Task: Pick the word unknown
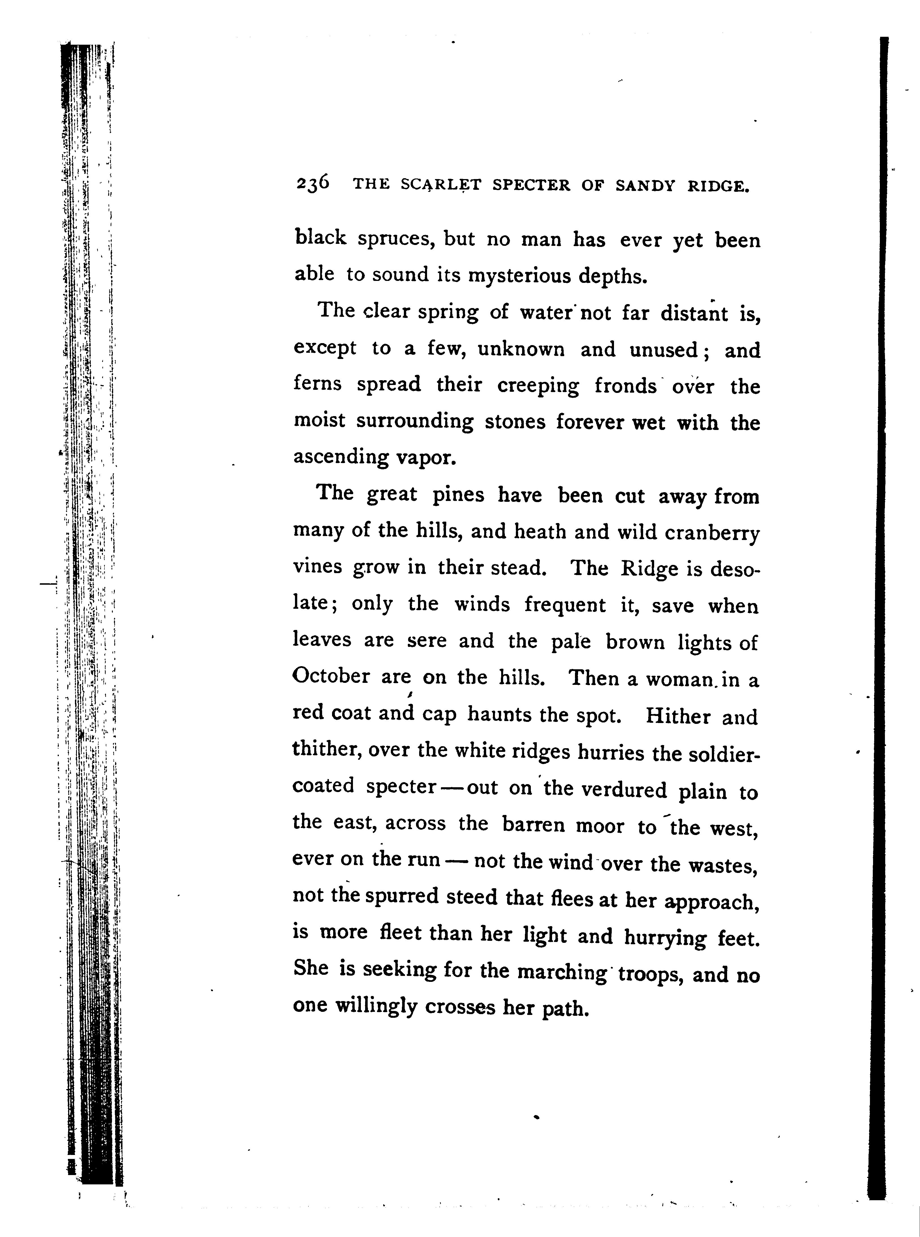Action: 521,349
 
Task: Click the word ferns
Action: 317,384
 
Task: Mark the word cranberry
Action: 712,533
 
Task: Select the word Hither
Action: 678,716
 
